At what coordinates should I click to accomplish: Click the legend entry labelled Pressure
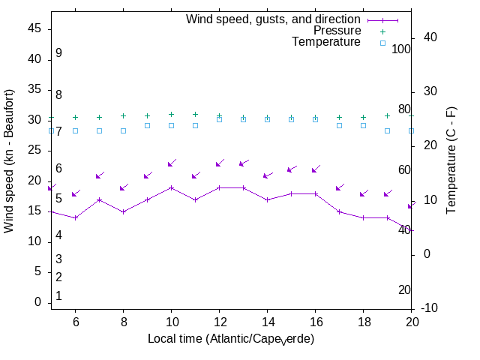(337, 31)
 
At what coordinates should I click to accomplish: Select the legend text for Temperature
(326, 42)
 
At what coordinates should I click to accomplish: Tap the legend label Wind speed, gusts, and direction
(273, 19)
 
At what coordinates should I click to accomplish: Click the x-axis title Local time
(230, 339)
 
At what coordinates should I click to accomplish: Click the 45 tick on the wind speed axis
(35, 28)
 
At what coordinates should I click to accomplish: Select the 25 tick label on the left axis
(35, 150)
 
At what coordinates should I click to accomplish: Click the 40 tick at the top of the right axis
(431, 37)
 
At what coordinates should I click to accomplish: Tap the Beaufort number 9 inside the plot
(58, 53)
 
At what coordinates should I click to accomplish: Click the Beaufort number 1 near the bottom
(58, 296)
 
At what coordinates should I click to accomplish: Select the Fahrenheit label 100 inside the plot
(401, 49)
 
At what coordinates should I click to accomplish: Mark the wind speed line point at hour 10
(171, 187)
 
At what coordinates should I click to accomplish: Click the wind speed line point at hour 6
(75, 217)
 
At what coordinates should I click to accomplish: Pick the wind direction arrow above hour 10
(172, 163)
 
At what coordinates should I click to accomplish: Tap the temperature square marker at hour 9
(147, 125)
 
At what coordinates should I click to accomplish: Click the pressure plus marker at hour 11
(195, 115)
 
